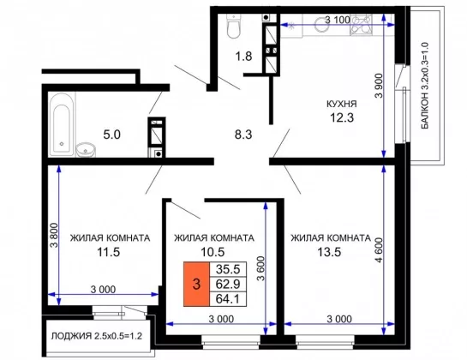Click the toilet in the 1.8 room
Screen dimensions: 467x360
click(x=233, y=26)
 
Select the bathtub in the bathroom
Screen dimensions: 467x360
click(x=62, y=124)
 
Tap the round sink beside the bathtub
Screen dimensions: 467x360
click(x=86, y=150)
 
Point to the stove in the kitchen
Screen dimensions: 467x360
click(x=362, y=25)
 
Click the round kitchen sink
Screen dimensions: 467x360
click(x=322, y=24)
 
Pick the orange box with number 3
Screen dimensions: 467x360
click(x=196, y=284)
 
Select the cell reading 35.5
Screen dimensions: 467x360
click(x=228, y=269)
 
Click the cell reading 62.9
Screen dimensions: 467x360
click(x=228, y=284)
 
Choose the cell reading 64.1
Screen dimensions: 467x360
click(x=228, y=299)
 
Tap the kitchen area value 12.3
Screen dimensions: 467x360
click(x=342, y=117)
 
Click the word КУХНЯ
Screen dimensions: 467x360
click(x=342, y=104)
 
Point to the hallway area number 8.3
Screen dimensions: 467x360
click(x=243, y=135)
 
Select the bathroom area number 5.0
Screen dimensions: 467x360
click(x=111, y=135)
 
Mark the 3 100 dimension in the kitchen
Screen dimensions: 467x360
click(x=338, y=20)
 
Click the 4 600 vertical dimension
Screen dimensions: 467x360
click(x=379, y=249)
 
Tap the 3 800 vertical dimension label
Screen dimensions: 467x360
click(x=54, y=236)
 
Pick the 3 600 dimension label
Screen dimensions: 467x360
click(x=260, y=268)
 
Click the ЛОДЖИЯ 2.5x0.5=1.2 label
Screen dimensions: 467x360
click(x=97, y=336)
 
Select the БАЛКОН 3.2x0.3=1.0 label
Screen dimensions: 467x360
click(x=425, y=86)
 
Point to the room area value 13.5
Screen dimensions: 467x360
click(x=329, y=252)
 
